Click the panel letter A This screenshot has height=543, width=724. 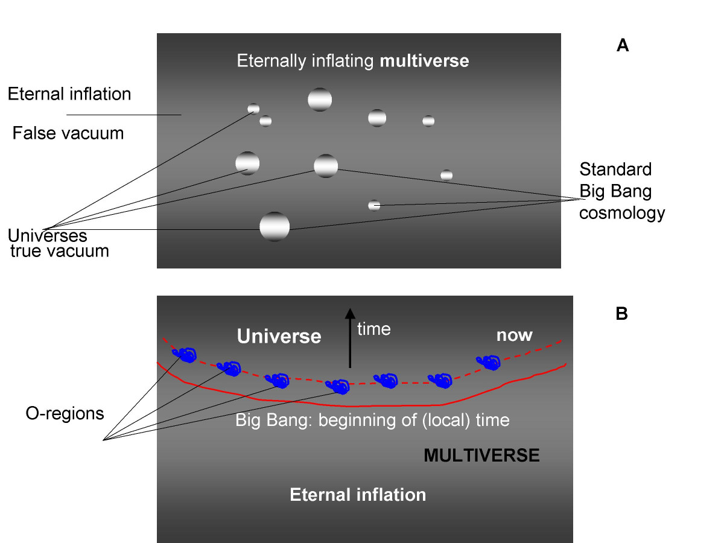click(x=623, y=45)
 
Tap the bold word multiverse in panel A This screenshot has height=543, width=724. click(x=424, y=61)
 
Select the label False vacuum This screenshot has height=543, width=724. click(x=68, y=133)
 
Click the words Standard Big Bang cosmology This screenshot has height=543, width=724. click(x=621, y=191)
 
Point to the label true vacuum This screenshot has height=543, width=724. click(x=60, y=250)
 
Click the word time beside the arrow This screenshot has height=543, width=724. click(x=374, y=329)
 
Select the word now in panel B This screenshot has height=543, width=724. click(x=514, y=335)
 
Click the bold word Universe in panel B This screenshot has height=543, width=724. click(x=279, y=336)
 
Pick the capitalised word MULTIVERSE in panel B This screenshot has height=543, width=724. click(x=481, y=455)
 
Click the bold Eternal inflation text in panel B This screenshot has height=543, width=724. click(x=358, y=495)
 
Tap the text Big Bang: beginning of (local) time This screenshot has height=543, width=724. click(x=372, y=419)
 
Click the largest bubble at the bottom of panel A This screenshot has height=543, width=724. click(x=275, y=226)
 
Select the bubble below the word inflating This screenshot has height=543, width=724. click(x=320, y=100)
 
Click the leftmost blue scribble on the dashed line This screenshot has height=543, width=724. click(x=185, y=355)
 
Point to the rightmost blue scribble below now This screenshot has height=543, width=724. click(x=489, y=363)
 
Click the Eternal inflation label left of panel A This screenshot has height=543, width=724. click(x=69, y=94)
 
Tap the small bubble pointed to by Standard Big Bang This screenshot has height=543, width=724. click(x=374, y=205)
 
